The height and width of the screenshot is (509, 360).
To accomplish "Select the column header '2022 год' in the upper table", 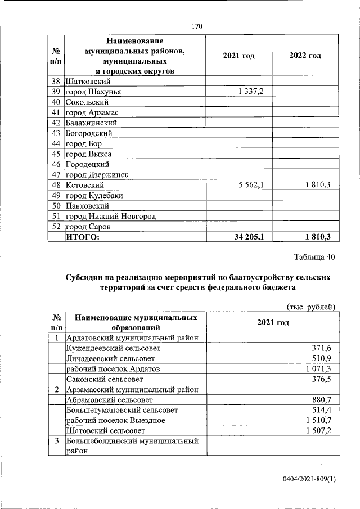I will click(305, 55).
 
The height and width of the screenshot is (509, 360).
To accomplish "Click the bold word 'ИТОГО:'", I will click(83, 237).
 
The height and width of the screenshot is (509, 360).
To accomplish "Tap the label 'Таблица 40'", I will click(315, 258).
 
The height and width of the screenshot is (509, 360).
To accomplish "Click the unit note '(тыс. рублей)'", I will click(311, 307).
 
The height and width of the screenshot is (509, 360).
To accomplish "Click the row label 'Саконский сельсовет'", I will click(103, 380).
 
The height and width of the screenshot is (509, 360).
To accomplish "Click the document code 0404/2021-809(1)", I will click(309, 479).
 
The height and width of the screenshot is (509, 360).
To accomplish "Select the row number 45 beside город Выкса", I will click(56, 154).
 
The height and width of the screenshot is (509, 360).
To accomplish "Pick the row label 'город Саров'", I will click(88, 227).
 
